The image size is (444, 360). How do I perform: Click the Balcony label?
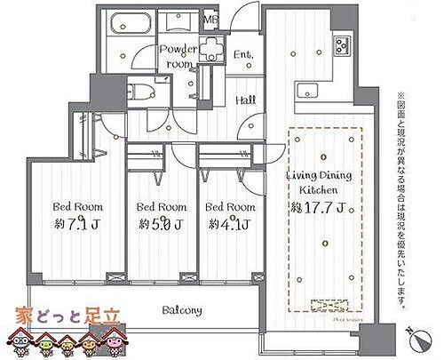click(x=181, y=310)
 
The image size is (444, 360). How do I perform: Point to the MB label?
click(x=211, y=19)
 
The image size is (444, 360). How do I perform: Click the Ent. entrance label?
click(x=243, y=56)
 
